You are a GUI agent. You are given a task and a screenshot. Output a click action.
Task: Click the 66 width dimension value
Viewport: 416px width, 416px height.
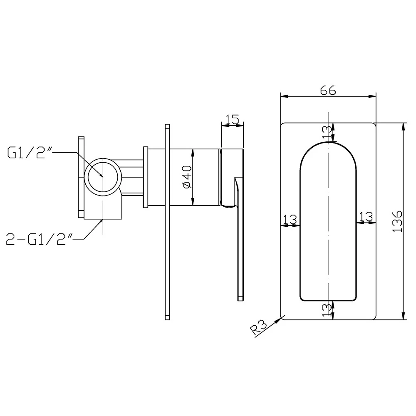(328, 90)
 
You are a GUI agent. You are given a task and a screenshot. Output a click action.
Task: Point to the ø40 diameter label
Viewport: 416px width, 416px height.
(186, 177)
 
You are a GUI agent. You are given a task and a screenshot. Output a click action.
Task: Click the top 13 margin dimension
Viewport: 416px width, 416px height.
(328, 132)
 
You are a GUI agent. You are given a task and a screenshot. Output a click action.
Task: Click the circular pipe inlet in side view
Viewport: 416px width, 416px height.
(103, 176)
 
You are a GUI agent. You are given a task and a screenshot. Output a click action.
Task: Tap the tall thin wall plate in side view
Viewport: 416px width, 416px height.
(167, 220)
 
